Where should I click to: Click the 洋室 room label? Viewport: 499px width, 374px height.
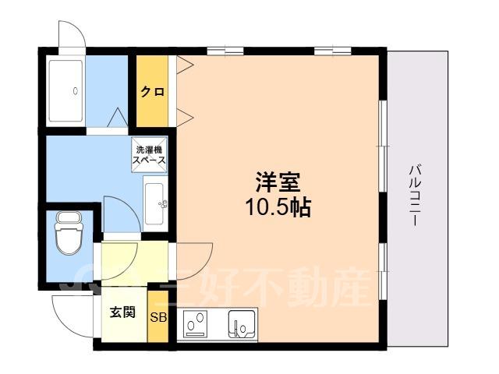(x=278, y=182)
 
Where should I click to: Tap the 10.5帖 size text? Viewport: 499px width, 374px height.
(x=278, y=207)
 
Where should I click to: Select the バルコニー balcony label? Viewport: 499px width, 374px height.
(x=415, y=195)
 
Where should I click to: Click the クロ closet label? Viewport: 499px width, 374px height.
(x=153, y=92)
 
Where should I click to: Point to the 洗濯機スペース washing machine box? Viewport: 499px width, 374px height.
(x=150, y=154)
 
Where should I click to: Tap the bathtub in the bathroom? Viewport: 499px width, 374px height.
(x=65, y=90)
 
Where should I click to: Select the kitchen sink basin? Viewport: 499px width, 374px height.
(x=242, y=324)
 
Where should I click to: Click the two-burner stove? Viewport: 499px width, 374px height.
(x=196, y=325)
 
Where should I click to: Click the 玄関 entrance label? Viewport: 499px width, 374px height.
(x=123, y=312)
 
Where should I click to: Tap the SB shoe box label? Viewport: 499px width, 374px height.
(x=158, y=317)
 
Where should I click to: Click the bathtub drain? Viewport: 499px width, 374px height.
(x=76, y=91)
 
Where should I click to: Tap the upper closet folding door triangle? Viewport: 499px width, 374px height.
(x=185, y=65)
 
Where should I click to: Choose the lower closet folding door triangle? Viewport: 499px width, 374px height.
(x=185, y=117)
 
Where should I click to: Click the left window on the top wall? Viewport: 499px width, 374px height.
(x=225, y=51)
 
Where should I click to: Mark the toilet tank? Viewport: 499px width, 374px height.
(x=69, y=218)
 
